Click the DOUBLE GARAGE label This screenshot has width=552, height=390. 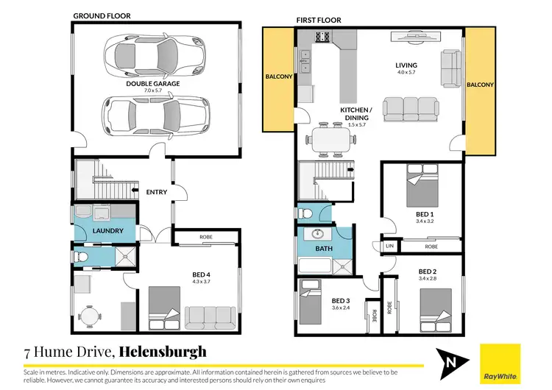[x=152, y=84]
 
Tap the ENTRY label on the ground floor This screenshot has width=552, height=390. [x=157, y=192]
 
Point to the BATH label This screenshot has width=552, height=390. [x=324, y=249]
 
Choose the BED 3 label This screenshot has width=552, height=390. [x=341, y=301]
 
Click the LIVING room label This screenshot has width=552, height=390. [x=406, y=64]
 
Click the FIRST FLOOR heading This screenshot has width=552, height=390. [x=317, y=20]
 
